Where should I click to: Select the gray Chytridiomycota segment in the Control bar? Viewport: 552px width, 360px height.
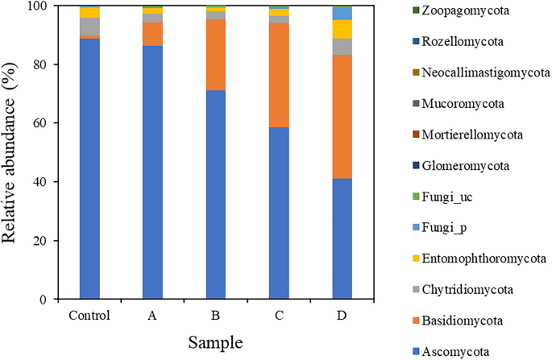pos(89,26)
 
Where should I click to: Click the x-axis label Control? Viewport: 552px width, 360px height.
pos(89,313)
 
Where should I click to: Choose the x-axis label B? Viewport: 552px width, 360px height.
pos(216,313)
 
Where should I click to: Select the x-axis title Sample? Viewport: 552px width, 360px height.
pos(216,342)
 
